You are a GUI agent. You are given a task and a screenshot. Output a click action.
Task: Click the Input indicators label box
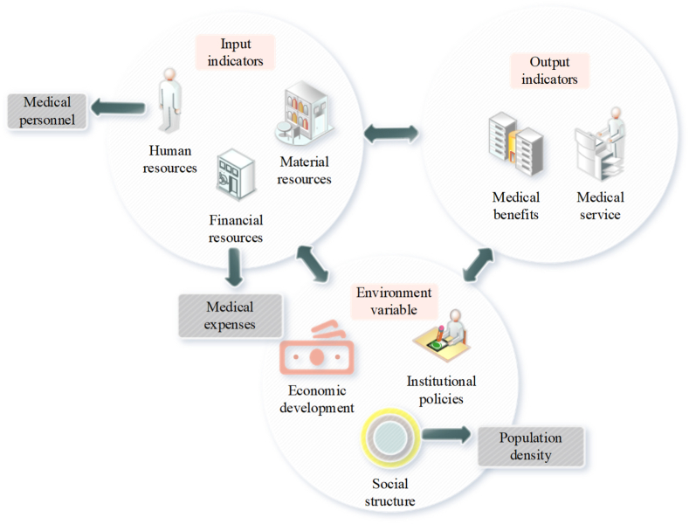click(235, 52)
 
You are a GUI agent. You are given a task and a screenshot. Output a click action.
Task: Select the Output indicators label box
click(549, 70)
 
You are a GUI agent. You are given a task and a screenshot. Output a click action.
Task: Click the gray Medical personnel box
click(47, 111)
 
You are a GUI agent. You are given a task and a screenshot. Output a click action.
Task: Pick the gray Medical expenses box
click(230, 315)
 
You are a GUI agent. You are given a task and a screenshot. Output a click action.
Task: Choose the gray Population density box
click(530, 446)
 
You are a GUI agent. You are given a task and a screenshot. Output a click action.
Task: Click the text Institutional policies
click(441, 390)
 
